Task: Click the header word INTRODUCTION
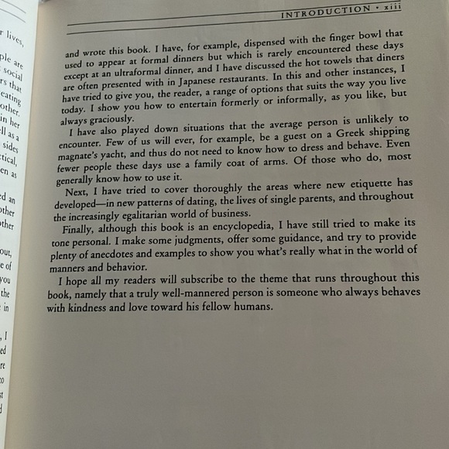point(325,11)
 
